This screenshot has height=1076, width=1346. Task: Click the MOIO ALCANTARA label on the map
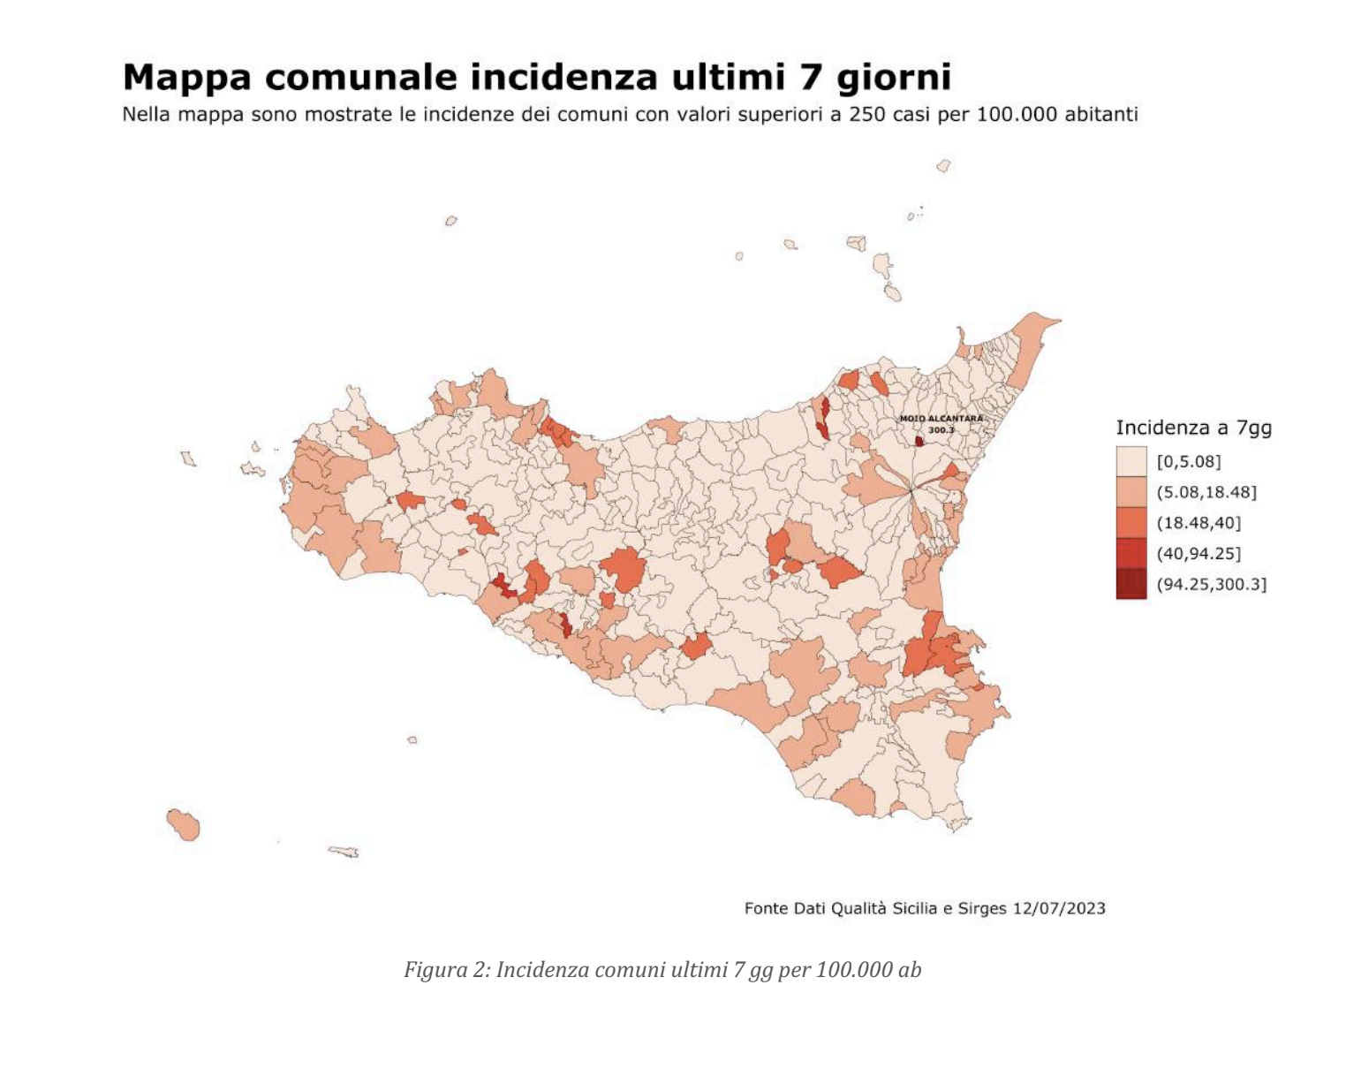pyautogui.click(x=941, y=419)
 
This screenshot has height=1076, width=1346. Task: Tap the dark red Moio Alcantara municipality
pyautogui.click(x=919, y=441)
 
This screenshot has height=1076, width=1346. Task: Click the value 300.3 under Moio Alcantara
pyautogui.click(x=941, y=430)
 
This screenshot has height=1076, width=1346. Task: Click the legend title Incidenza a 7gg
pyautogui.click(x=1193, y=428)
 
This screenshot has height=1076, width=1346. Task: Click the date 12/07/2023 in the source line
pyautogui.click(x=1058, y=908)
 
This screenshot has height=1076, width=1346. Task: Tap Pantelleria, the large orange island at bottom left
pyautogui.click(x=184, y=825)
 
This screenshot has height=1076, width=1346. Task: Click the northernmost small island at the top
pyautogui.click(x=943, y=166)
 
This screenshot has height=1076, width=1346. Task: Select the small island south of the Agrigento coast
pyautogui.click(x=412, y=740)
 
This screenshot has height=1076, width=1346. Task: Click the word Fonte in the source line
pyautogui.click(x=766, y=908)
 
